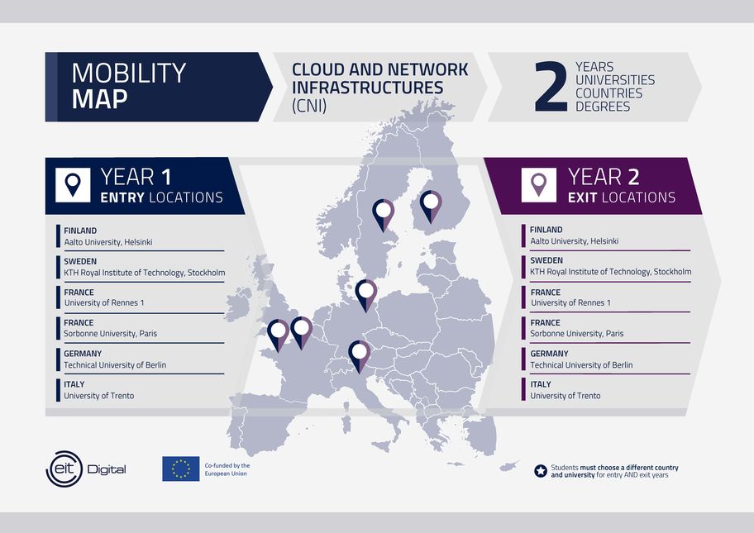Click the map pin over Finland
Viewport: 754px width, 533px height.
coord(431,206)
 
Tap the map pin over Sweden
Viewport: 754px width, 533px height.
coord(384,214)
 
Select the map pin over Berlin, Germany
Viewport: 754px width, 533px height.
coord(366,295)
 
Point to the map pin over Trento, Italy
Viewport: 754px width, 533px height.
coord(359,355)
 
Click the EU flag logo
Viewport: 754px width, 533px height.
coord(181,469)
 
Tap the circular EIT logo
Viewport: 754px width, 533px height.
coord(64,469)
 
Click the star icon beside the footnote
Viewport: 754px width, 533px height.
coord(541,471)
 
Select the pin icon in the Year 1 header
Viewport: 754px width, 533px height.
coord(73,185)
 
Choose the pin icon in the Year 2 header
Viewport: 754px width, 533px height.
coord(538,184)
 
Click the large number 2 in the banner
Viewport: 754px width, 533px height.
coord(551,87)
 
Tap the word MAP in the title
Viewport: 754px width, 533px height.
coord(99,99)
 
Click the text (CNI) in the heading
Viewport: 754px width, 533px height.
coord(309,106)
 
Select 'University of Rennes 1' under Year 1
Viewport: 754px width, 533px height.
coord(104,302)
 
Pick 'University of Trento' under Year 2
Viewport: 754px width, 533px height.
coord(565,396)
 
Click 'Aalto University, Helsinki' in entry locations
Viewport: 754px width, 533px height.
coord(108,242)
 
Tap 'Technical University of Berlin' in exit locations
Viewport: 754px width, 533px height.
coord(581,364)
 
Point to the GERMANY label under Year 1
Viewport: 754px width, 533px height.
coord(83,353)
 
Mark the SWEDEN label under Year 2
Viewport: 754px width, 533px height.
coord(546,260)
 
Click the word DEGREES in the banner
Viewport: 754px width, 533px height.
coord(603,107)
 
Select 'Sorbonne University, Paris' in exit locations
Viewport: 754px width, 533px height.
coord(576,334)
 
